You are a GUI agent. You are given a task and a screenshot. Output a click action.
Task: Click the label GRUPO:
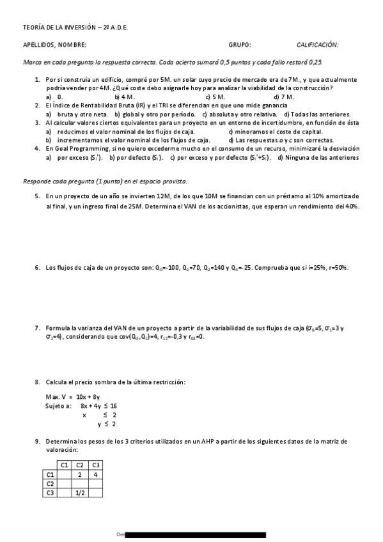(x=240, y=45)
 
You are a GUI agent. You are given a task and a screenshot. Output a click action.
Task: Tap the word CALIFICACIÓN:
(x=317, y=45)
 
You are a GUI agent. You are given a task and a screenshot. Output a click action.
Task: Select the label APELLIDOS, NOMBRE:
(x=54, y=45)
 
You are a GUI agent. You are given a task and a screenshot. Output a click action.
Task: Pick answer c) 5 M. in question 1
(x=215, y=97)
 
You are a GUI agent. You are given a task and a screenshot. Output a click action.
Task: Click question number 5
(x=38, y=196)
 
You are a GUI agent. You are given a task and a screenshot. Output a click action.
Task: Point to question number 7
(x=38, y=327)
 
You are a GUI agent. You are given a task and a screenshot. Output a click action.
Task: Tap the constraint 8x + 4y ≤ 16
(x=98, y=406)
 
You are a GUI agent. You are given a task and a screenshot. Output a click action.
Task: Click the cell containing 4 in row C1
(x=95, y=474)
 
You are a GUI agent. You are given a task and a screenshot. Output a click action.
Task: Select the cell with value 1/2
(x=80, y=493)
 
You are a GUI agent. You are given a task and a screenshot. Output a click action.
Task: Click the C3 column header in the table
(x=95, y=465)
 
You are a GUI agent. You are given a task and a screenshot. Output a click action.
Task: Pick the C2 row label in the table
(x=50, y=484)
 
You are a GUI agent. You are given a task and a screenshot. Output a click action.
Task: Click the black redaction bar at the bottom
(x=196, y=534)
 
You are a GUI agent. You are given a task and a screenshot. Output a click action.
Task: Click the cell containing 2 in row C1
(x=80, y=474)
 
